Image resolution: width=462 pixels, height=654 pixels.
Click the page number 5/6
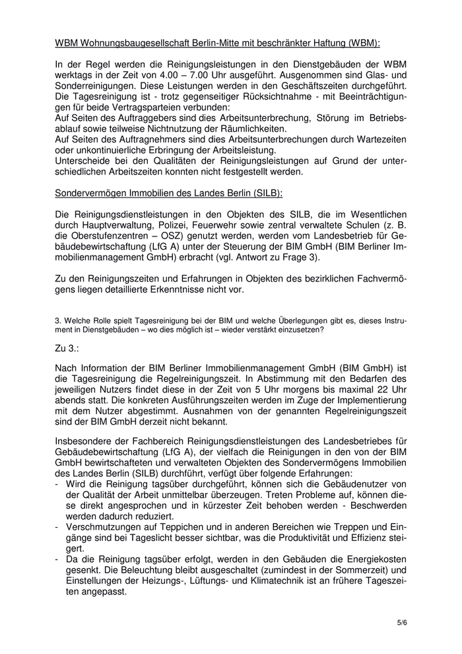pyautogui.click(x=402, y=622)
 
